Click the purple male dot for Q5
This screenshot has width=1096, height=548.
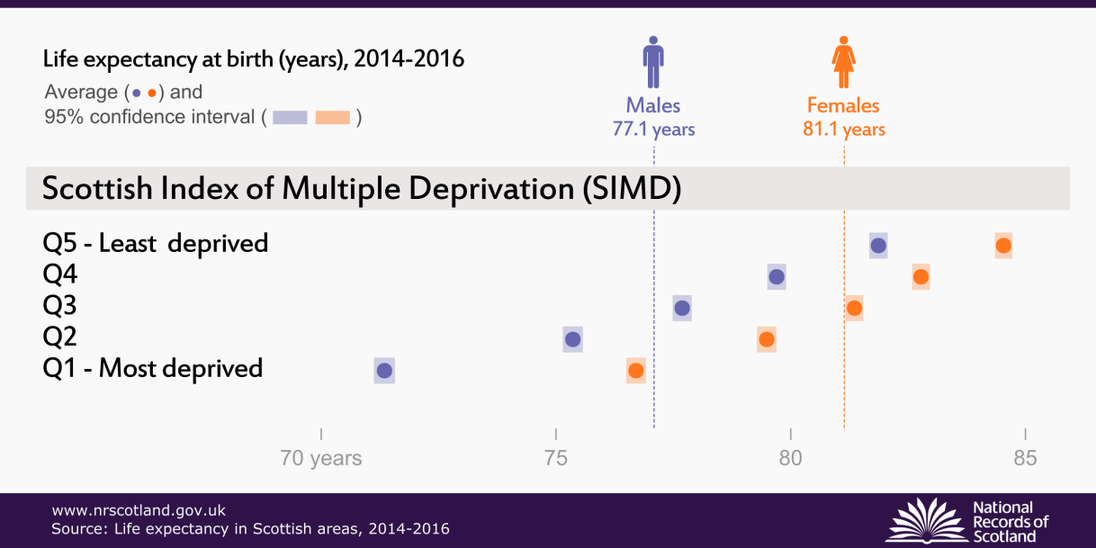pos(878,246)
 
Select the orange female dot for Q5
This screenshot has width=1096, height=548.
pos(1003,246)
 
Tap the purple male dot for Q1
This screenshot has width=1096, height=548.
pos(384,371)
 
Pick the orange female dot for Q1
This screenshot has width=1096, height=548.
pos(636,371)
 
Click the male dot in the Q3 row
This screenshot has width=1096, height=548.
pos(682,309)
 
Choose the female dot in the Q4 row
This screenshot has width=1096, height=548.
pos(921,277)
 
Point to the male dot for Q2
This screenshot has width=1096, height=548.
pos(572,340)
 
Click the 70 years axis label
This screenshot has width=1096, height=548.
pos(321,458)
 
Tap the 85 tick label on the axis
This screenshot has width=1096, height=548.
pos(1025,458)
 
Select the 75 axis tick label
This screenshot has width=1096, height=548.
pos(556,458)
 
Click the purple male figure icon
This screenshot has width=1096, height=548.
pos(653,62)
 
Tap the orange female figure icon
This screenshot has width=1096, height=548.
pos(843,62)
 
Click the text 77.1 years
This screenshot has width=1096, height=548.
pos(653,130)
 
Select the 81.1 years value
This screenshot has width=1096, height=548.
pos(844,130)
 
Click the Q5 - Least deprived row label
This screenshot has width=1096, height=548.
pos(156,243)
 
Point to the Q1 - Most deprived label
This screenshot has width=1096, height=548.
pos(153,368)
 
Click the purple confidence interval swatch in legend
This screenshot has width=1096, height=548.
pos(291,118)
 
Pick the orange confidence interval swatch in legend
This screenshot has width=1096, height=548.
pos(332,118)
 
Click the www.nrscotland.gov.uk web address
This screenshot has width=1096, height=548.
pos(139,510)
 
